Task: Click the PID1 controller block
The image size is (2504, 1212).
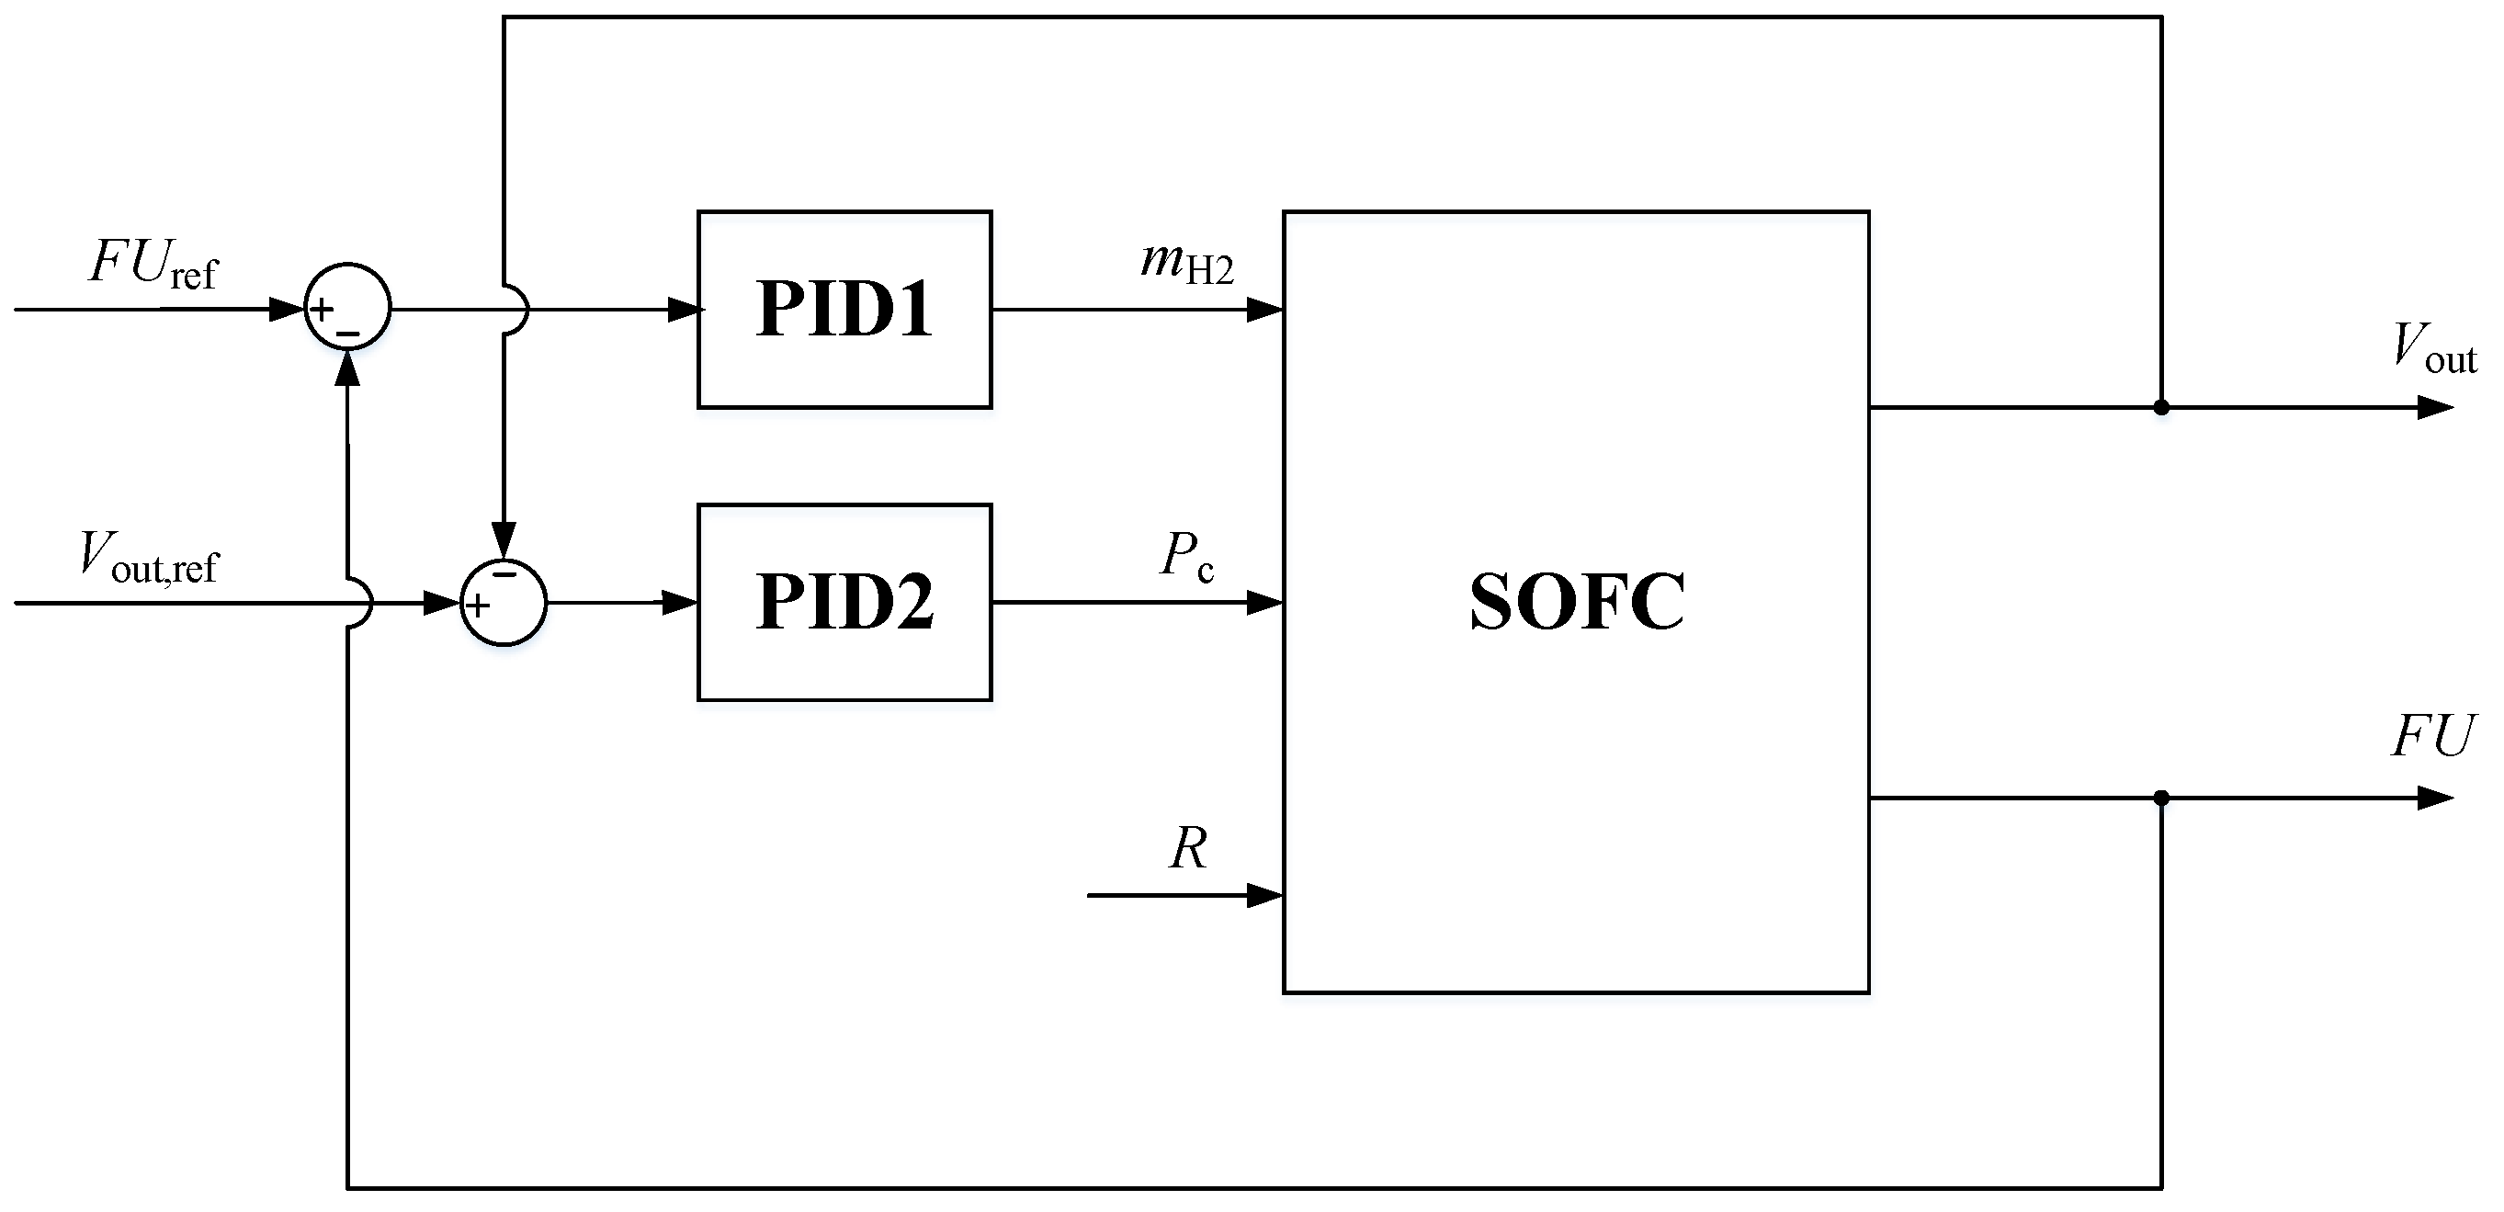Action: tap(844, 309)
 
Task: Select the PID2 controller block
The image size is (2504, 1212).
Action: tap(844, 602)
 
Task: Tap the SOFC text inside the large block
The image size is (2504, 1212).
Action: tap(1576, 602)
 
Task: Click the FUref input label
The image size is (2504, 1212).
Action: tap(153, 265)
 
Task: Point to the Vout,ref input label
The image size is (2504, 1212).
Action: tap(149, 558)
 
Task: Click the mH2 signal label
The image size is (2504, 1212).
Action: tap(1186, 263)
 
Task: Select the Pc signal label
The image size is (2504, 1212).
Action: tap(1186, 557)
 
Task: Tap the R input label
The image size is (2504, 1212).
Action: tap(1188, 848)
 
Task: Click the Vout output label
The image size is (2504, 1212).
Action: tap(2432, 348)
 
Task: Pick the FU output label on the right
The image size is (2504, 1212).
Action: tap(2431, 737)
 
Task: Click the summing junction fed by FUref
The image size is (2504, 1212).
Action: tap(347, 306)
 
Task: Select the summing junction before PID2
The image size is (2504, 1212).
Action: tap(503, 603)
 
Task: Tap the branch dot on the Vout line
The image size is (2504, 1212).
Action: tap(2161, 407)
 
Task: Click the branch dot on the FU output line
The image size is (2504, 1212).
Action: tap(2161, 798)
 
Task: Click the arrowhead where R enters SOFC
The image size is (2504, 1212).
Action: tap(1264, 895)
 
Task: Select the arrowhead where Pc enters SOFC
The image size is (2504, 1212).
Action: tap(1264, 604)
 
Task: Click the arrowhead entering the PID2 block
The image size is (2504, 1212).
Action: tap(680, 603)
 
